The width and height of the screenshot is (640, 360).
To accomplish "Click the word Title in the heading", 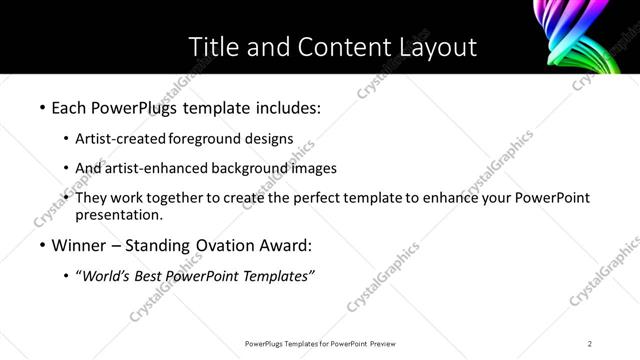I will [214, 46].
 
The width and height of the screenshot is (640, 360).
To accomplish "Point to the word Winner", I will [81, 245].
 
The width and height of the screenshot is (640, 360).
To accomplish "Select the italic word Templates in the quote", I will [277, 276].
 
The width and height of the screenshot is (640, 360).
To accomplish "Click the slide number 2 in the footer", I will [590, 344].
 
